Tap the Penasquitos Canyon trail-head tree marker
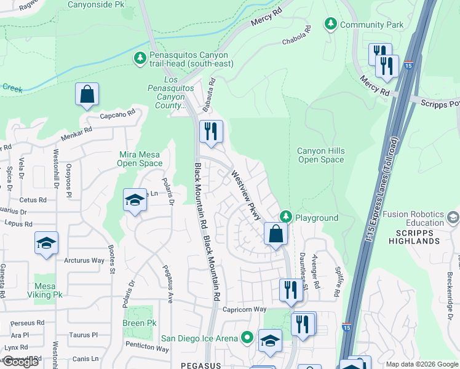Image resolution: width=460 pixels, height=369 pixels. tap(140, 57)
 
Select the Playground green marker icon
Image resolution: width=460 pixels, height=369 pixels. tap(285, 216)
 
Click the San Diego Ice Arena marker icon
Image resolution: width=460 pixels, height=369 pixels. tap(247, 337)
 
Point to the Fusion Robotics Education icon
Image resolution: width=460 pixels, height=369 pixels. tap(453, 217)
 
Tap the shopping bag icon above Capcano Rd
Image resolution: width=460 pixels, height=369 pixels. tap(87, 95)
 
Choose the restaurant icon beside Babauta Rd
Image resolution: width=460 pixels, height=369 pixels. tap(210, 132)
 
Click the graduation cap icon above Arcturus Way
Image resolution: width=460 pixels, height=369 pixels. tap(46, 243)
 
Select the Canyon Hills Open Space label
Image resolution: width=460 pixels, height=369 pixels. tap(320, 155)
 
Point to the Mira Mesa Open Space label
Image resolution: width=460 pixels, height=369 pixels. tap(140, 159)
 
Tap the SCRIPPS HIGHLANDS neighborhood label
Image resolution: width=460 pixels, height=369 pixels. tap(414, 236)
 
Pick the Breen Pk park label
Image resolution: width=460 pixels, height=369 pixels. tap(139, 323)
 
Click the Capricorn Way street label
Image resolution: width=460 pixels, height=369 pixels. tap(244, 309)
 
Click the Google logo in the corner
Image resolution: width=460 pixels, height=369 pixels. tap(20, 362)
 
